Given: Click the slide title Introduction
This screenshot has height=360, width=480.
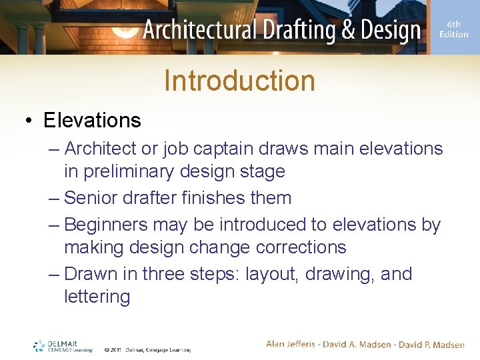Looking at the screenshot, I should tap(239, 81).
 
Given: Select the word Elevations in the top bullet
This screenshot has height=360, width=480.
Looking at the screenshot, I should tap(92, 120).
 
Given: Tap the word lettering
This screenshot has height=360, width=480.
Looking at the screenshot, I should tap(97, 297).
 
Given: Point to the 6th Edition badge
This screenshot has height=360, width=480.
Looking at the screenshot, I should tap(453, 29).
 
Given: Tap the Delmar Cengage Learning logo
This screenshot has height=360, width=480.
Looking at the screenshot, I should tap(63, 346).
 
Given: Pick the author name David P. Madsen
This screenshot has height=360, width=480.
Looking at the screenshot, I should tap(432, 344).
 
